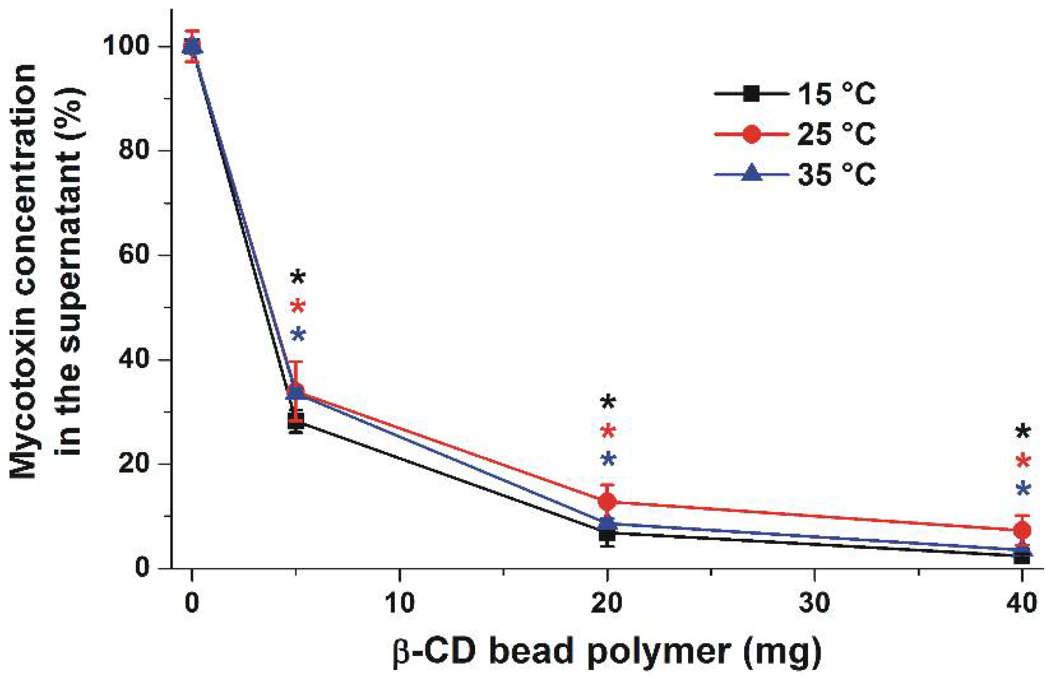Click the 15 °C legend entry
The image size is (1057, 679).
[795, 94]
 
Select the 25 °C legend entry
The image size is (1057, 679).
[795, 134]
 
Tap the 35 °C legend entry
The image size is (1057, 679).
[795, 175]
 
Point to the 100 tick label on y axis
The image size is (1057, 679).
[126, 46]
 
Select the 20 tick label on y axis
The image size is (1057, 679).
[134, 463]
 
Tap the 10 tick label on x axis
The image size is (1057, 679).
[399, 603]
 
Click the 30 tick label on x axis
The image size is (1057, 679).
[814, 603]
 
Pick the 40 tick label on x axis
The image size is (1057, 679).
[1021, 603]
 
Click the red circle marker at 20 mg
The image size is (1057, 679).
[607, 501]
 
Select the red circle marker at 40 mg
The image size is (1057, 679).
[1022, 530]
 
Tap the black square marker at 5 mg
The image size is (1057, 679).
[296, 421]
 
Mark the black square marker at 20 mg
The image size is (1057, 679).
[607, 535]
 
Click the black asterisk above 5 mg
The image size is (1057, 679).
[298, 276]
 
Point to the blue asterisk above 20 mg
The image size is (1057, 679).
[608, 459]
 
